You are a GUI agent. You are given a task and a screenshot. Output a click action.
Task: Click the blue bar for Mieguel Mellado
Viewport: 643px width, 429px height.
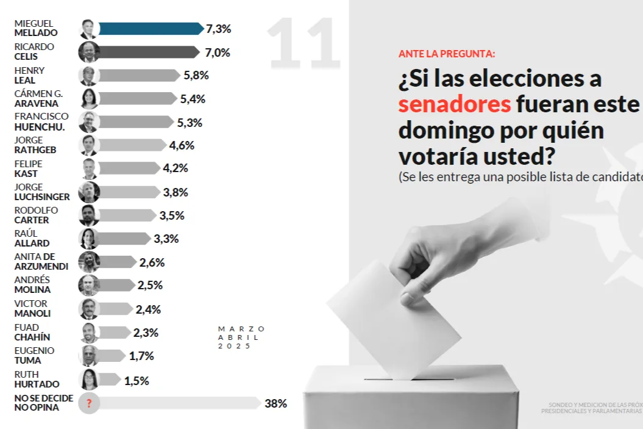(x=151, y=29)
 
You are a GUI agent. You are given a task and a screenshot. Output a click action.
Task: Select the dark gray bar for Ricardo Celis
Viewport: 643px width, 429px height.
(x=149, y=52)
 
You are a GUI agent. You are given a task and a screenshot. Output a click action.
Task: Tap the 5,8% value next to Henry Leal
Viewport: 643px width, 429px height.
(x=196, y=76)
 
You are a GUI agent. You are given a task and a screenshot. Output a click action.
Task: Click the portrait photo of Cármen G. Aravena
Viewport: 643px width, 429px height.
(x=89, y=99)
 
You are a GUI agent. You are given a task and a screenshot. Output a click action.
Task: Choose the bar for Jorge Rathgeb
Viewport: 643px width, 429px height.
(x=132, y=145)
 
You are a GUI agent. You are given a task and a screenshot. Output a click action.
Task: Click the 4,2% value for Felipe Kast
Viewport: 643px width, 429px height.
(x=176, y=168)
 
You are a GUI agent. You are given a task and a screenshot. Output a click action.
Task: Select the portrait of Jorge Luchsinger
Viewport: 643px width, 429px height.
(x=89, y=192)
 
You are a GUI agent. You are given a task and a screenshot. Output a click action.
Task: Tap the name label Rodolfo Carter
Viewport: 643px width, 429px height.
(x=36, y=215)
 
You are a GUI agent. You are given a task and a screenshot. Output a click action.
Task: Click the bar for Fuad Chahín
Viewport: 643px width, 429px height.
(x=115, y=333)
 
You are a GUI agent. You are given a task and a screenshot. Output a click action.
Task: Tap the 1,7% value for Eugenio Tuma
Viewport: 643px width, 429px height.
(x=141, y=356)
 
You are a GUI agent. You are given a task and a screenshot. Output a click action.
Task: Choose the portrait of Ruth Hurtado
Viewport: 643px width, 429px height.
(x=89, y=380)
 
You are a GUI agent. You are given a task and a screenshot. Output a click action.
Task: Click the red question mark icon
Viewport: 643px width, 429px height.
(x=89, y=403)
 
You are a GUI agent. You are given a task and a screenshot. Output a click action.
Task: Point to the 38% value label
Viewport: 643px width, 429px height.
(x=275, y=403)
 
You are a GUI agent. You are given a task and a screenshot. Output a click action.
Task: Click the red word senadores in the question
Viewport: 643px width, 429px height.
(x=454, y=104)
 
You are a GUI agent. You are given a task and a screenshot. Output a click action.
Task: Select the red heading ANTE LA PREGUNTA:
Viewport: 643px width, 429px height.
(x=447, y=54)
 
